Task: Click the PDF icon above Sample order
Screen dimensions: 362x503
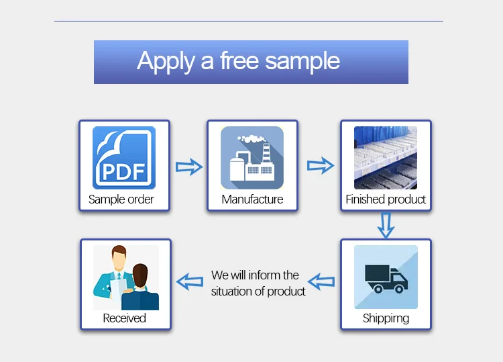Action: pyautogui.click(x=124, y=157)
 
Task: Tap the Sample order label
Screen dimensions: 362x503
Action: pyautogui.click(x=121, y=199)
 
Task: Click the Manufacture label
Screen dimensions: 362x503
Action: pyautogui.click(x=252, y=199)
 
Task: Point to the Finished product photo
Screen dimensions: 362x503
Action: pyautogui.click(x=386, y=157)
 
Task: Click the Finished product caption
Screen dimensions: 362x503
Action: pyautogui.click(x=386, y=199)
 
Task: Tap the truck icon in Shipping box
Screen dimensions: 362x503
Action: pyautogui.click(x=386, y=277)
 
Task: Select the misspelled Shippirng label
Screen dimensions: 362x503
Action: pyautogui.click(x=386, y=318)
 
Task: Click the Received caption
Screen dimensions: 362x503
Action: pyautogui.click(x=124, y=318)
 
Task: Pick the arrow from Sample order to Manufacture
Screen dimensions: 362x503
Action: pyautogui.click(x=188, y=167)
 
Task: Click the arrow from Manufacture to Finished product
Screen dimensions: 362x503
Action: pyautogui.click(x=321, y=165)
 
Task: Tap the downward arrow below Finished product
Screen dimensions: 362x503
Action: pyautogui.click(x=385, y=225)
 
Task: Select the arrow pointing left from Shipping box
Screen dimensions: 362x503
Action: pyautogui.click(x=321, y=281)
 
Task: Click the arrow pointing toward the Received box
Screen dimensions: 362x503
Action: pyautogui.click(x=188, y=281)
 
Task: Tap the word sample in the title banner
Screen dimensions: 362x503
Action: pyautogui.click(x=302, y=62)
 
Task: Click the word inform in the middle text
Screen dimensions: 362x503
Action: pyautogui.click(x=264, y=275)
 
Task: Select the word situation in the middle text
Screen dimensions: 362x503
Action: pyautogui.click(x=232, y=291)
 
